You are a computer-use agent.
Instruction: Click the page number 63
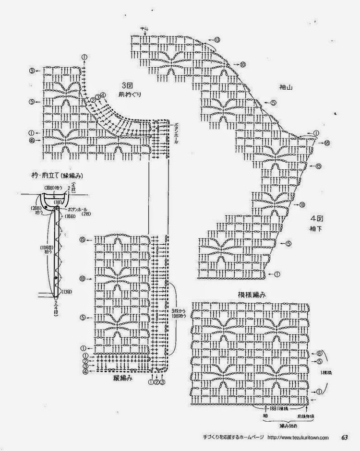click(345, 437)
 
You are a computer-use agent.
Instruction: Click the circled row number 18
click(326, 143)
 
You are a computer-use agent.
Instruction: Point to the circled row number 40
click(31, 141)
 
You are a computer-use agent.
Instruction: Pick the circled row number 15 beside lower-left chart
click(83, 239)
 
